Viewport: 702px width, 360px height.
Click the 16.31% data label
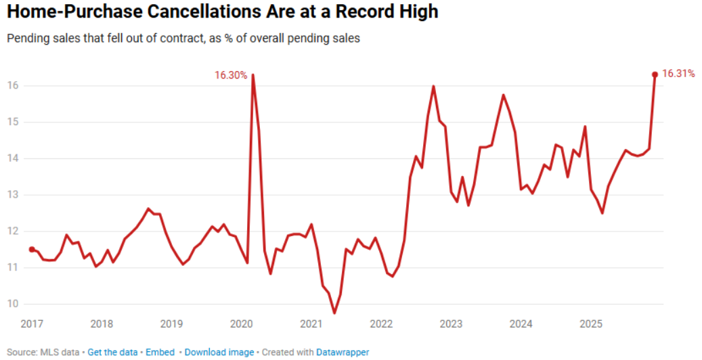(678, 74)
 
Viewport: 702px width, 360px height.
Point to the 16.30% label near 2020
(231, 75)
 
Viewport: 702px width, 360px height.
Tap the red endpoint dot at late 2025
(655, 74)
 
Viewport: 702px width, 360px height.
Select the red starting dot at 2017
(32, 249)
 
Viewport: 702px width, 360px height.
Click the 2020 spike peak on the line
(253, 74)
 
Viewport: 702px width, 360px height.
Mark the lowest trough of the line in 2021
(334, 313)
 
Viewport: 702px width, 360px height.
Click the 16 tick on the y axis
(12, 86)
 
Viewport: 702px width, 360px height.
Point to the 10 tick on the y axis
(12, 304)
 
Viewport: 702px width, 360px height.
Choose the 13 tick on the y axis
(12, 195)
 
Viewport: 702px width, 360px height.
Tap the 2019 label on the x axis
(172, 323)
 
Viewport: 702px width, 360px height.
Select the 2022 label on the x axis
(381, 323)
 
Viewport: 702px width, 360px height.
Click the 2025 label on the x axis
(591, 323)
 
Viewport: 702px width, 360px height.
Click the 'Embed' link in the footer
(160, 353)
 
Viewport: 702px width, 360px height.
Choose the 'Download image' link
(219, 353)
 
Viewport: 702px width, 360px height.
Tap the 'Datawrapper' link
(343, 353)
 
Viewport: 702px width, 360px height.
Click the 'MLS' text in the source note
(48, 353)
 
